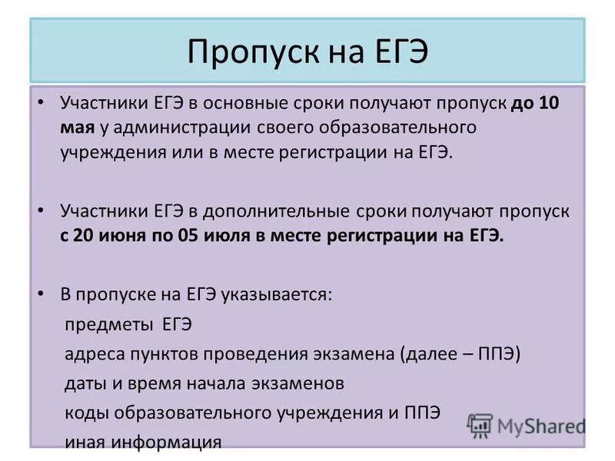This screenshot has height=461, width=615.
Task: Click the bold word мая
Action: tap(78, 127)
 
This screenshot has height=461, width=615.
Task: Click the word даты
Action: tap(82, 383)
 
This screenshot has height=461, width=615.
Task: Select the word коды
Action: tap(82, 412)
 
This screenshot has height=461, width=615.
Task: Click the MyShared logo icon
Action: tap(480, 425)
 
